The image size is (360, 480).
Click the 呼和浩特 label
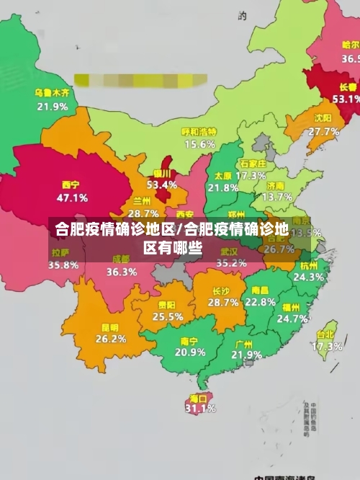coord(199,132)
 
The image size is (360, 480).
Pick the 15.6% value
coord(199,144)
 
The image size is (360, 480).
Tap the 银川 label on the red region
coord(162,173)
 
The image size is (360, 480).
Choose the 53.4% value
coord(161,185)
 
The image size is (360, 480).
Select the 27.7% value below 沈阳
coord(323,131)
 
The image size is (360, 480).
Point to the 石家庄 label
coord(253,164)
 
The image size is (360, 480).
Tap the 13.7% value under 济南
coord(277,196)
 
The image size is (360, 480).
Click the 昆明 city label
coord(111,326)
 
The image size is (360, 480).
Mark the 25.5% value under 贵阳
coord(168,316)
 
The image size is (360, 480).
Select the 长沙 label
coord(221,291)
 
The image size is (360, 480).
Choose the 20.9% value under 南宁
coord(190,352)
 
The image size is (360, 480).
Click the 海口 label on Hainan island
coord(198,398)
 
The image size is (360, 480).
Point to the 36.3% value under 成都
coord(121,272)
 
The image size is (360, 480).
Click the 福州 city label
coord(292,306)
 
